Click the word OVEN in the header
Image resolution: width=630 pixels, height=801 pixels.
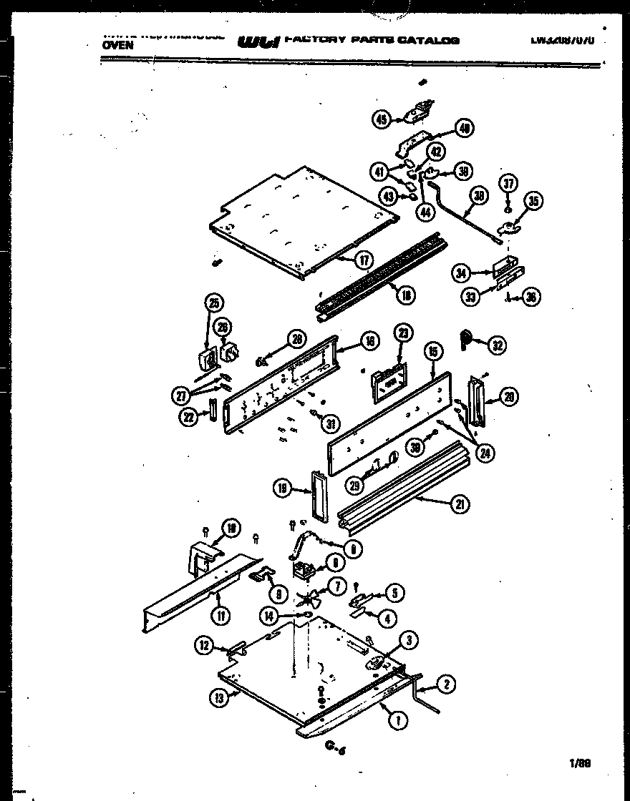pyautogui.click(x=117, y=44)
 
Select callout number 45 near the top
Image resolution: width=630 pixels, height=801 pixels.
pyautogui.click(x=382, y=120)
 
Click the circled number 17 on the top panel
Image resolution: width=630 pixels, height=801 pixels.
pyautogui.click(x=365, y=260)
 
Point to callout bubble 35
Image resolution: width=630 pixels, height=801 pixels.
pyautogui.click(x=533, y=202)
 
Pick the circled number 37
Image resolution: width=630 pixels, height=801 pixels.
pyautogui.click(x=508, y=185)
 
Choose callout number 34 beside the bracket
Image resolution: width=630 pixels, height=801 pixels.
pyautogui.click(x=462, y=272)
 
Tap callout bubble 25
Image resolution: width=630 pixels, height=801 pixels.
pyautogui.click(x=213, y=303)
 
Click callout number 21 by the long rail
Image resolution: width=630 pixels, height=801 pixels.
pyautogui.click(x=459, y=504)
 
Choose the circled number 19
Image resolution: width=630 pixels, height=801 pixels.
pyautogui.click(x=283, y=488)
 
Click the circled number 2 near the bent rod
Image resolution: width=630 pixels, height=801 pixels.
pyautogui.click(x=445, y=684)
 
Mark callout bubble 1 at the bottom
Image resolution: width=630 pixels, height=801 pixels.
pyautogui.click(x=394, y=722)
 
